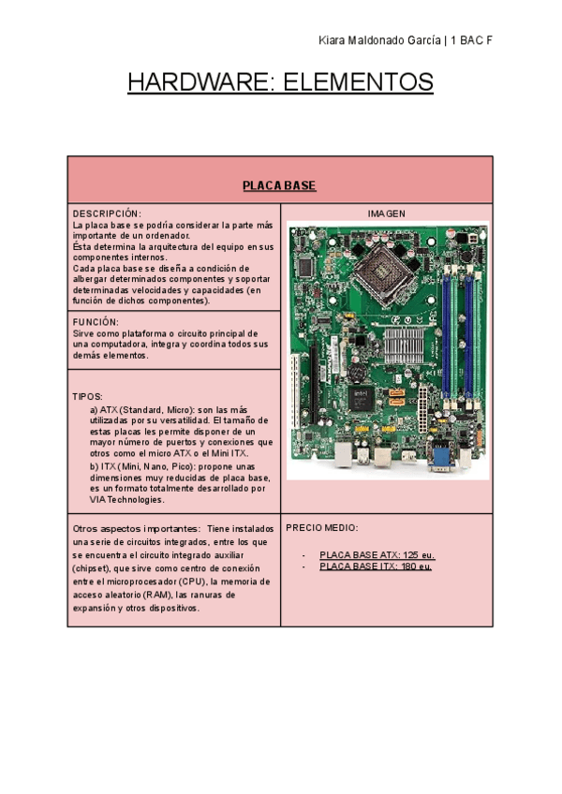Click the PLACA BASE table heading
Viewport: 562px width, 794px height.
tap(279, 185)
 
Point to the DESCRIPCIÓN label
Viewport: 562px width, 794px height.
tap(107, 214)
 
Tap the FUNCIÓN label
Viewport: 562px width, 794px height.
tap(96, 321)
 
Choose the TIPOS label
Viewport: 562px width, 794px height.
tap(87, 397)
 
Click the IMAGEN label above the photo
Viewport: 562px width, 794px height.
tap(386, 214)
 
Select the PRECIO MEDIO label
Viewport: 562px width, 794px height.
tap(321, 528)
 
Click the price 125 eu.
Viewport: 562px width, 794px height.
tap(418, 555)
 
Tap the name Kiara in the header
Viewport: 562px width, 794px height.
tap(332, 42)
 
